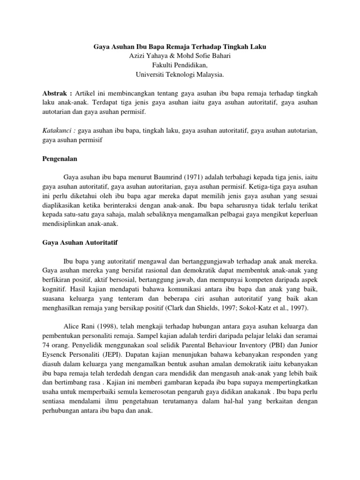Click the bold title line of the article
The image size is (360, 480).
pos(180,47)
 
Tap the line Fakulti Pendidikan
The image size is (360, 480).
pos(180,65)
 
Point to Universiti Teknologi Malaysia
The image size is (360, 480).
pos(180,74)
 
